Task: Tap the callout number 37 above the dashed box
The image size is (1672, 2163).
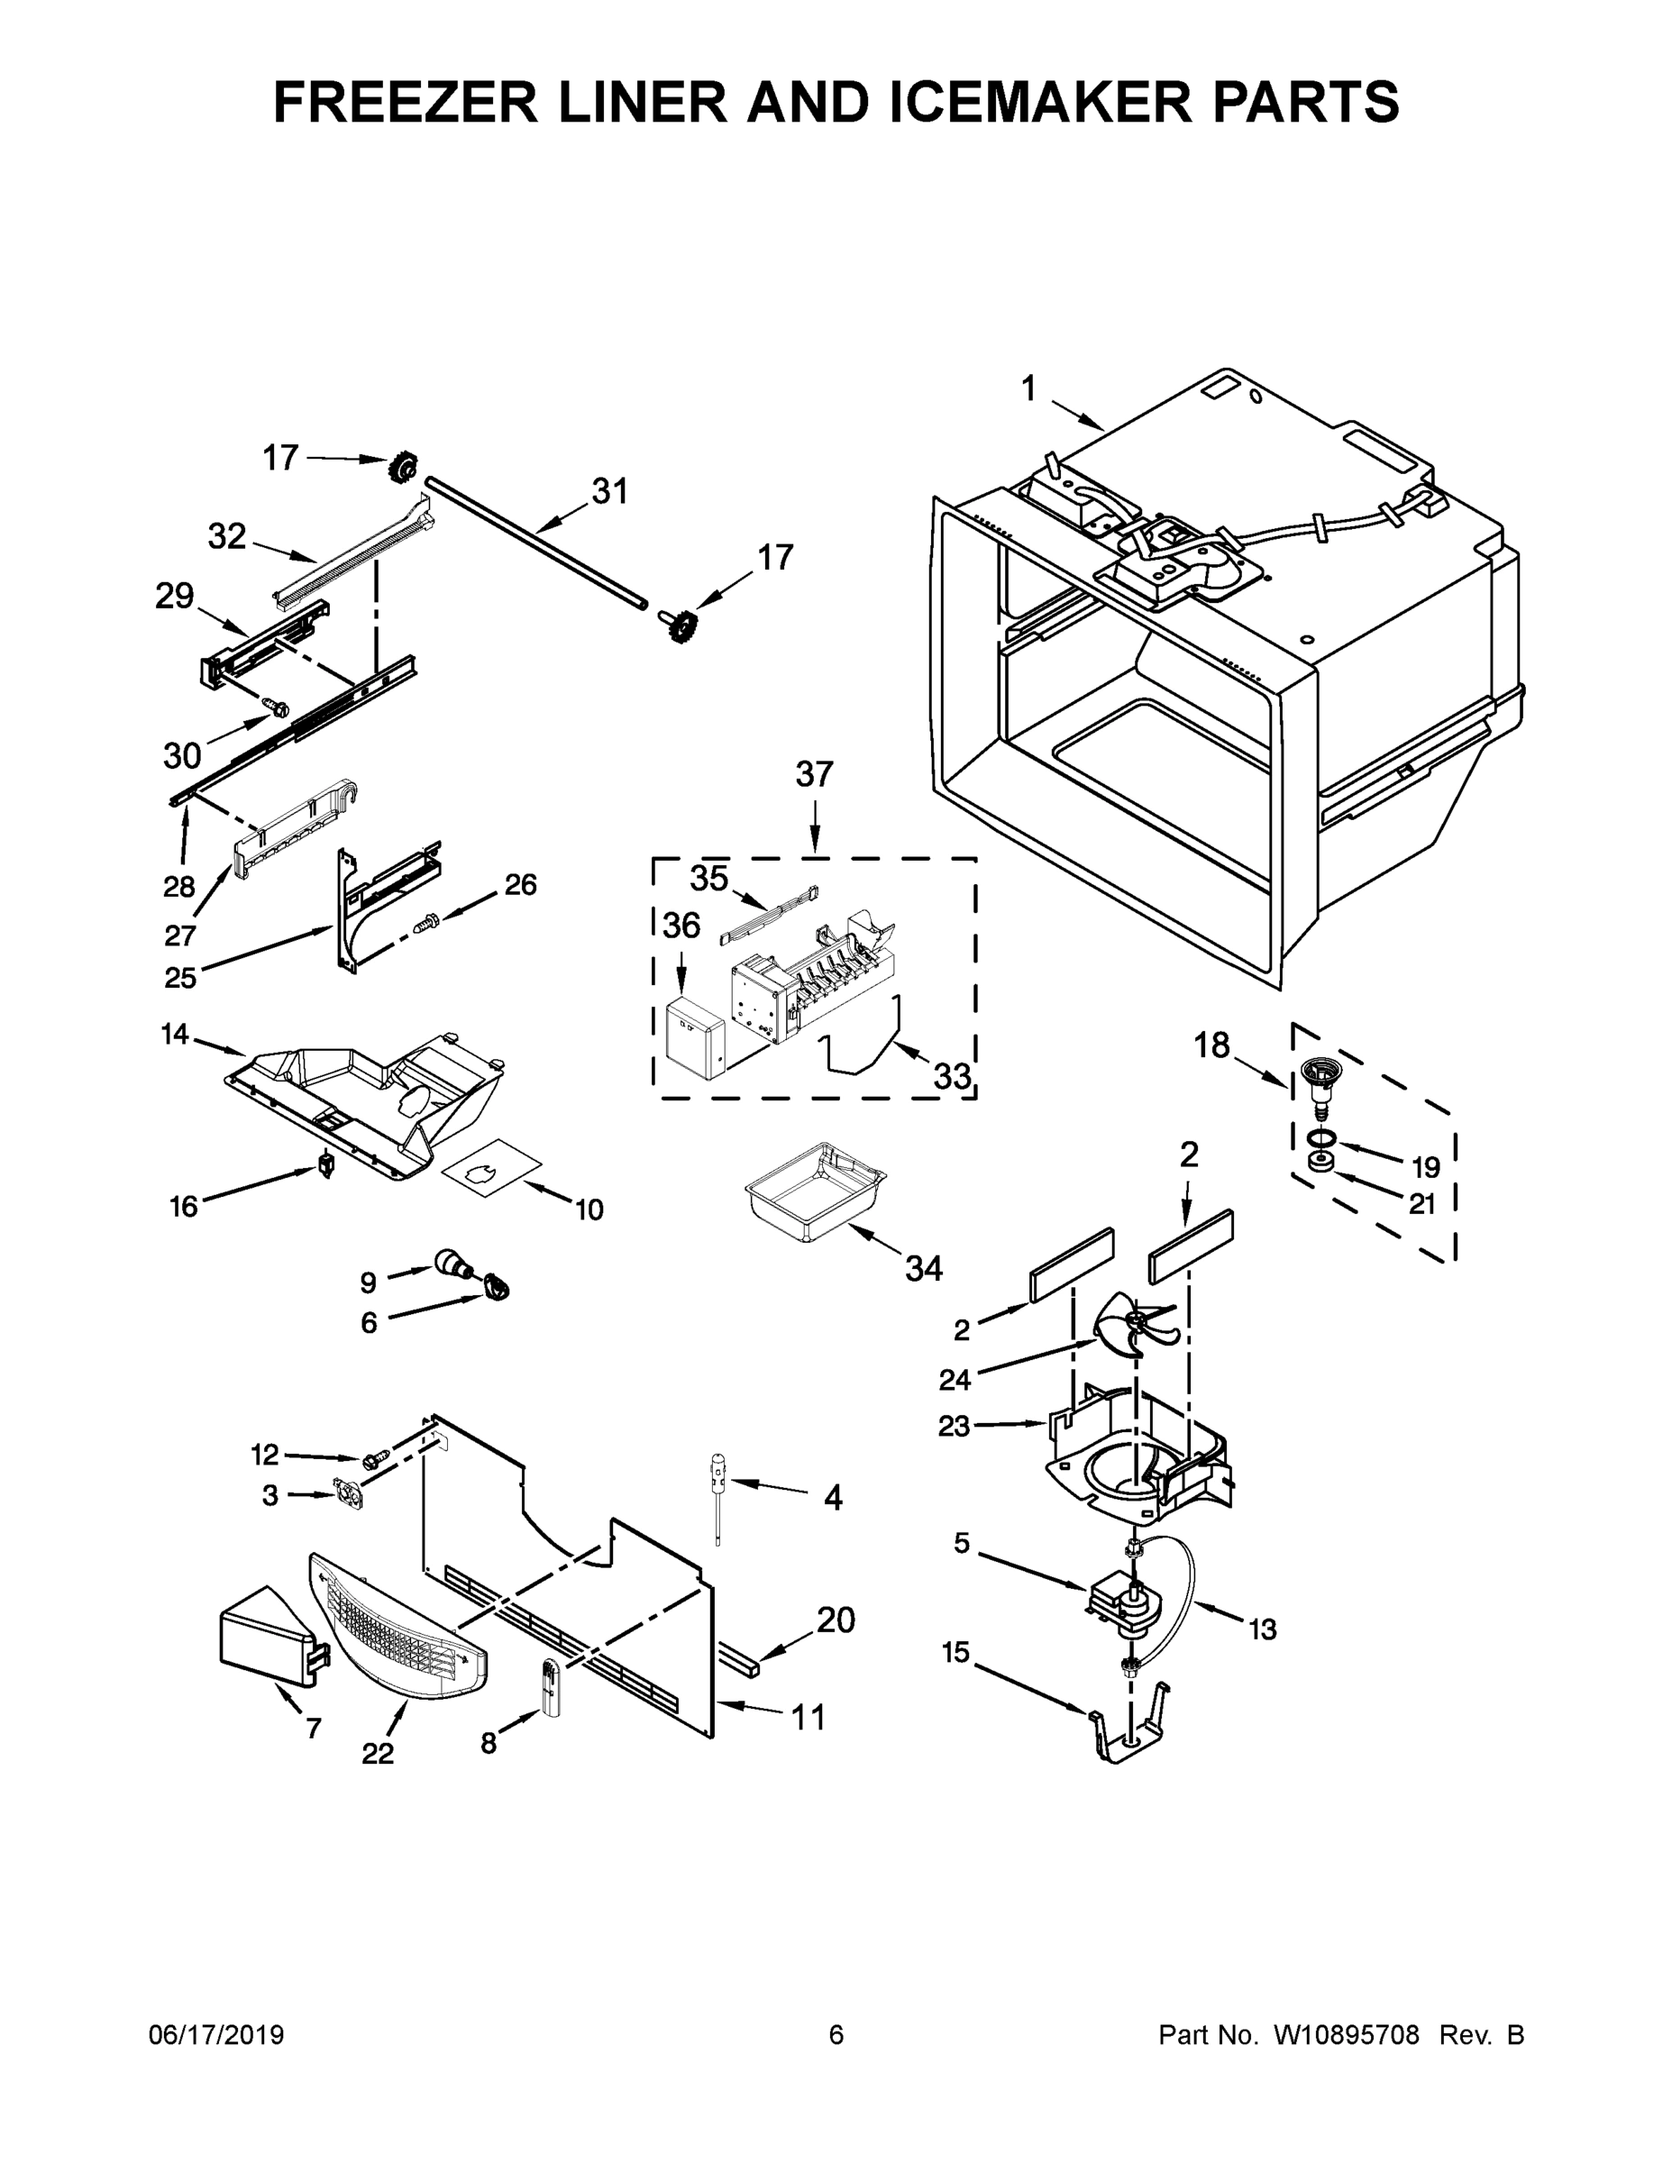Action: [x=814, y=773]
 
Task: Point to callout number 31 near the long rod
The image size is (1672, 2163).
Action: [x=610, y=491]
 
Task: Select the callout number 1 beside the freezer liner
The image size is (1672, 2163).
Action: [x=1028, y=389]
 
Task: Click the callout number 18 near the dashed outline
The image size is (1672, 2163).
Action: [x=1211, y=1045]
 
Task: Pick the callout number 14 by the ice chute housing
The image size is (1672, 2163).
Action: [x=174, y=1035]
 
